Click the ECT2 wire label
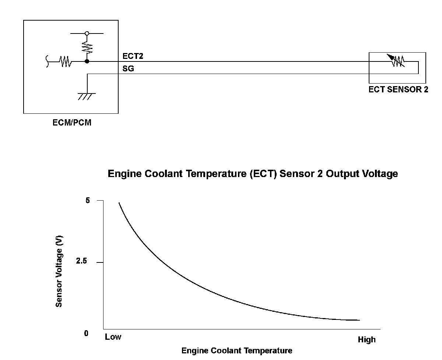(133, 56)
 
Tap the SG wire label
(128, 68)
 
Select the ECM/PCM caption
(72, 123)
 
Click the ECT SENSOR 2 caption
(398, 89)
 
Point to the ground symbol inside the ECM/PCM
(87, 96)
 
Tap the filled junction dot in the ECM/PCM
(87, 61)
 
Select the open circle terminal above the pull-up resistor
(87, 33)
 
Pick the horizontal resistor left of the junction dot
(65, 61)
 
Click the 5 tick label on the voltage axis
(88, 201)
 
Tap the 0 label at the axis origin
(86, 333)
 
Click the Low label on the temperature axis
(113, 337)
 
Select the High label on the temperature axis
(366, 339)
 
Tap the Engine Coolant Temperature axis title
(237, 350)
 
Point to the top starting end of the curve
(119, 203)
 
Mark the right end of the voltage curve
(359, 320)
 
